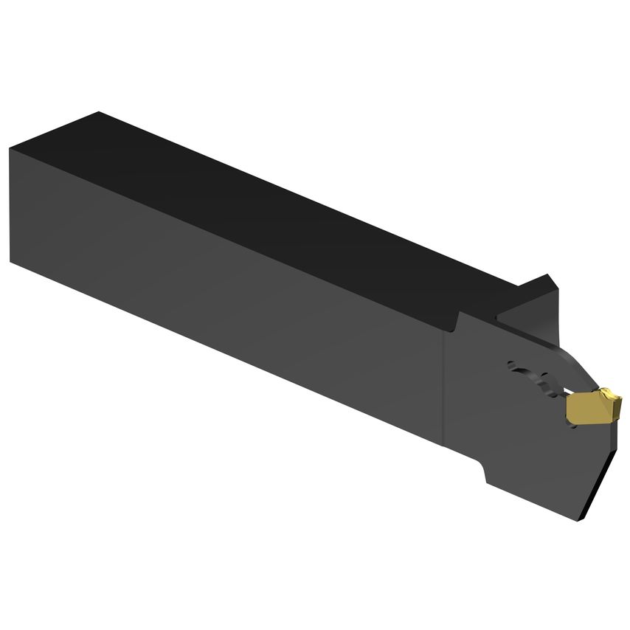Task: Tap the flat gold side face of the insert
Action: tap(583, 411)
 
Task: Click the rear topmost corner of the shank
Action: tap(98, 112)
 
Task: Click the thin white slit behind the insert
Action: tap(564, 392)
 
